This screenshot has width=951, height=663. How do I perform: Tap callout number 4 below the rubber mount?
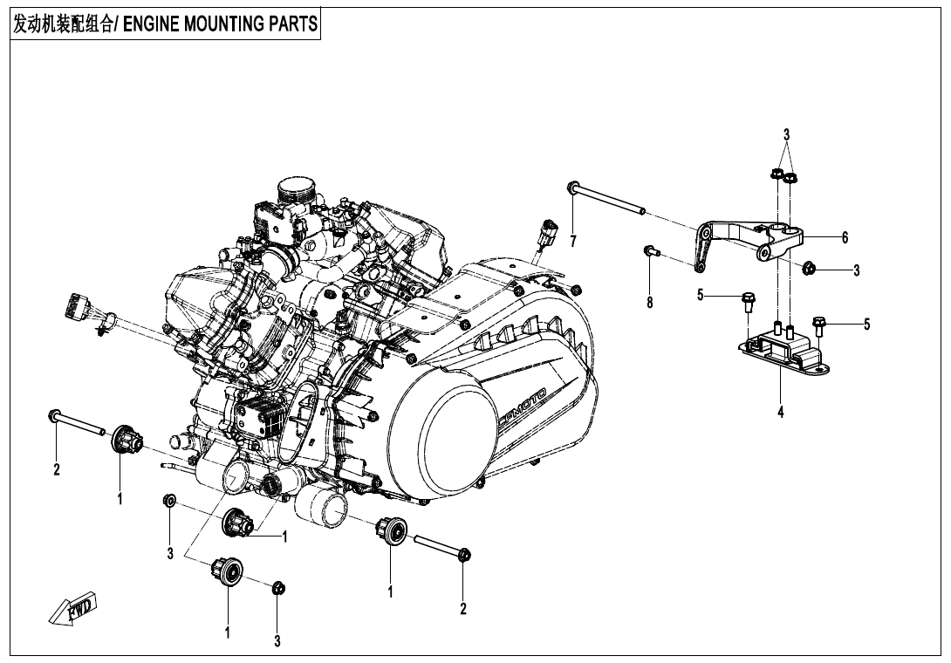click(781, 413)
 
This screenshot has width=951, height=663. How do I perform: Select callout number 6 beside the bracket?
click(845, 237)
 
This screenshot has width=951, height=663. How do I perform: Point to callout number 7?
click(573, 241)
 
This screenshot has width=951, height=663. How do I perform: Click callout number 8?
click(650, 302)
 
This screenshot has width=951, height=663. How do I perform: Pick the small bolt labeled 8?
click(650, 251)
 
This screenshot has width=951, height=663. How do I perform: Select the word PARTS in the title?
click(291, 24)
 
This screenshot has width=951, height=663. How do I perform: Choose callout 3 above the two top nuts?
click(786, 135)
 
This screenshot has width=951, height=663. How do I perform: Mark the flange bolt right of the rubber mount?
click(818, 326)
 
